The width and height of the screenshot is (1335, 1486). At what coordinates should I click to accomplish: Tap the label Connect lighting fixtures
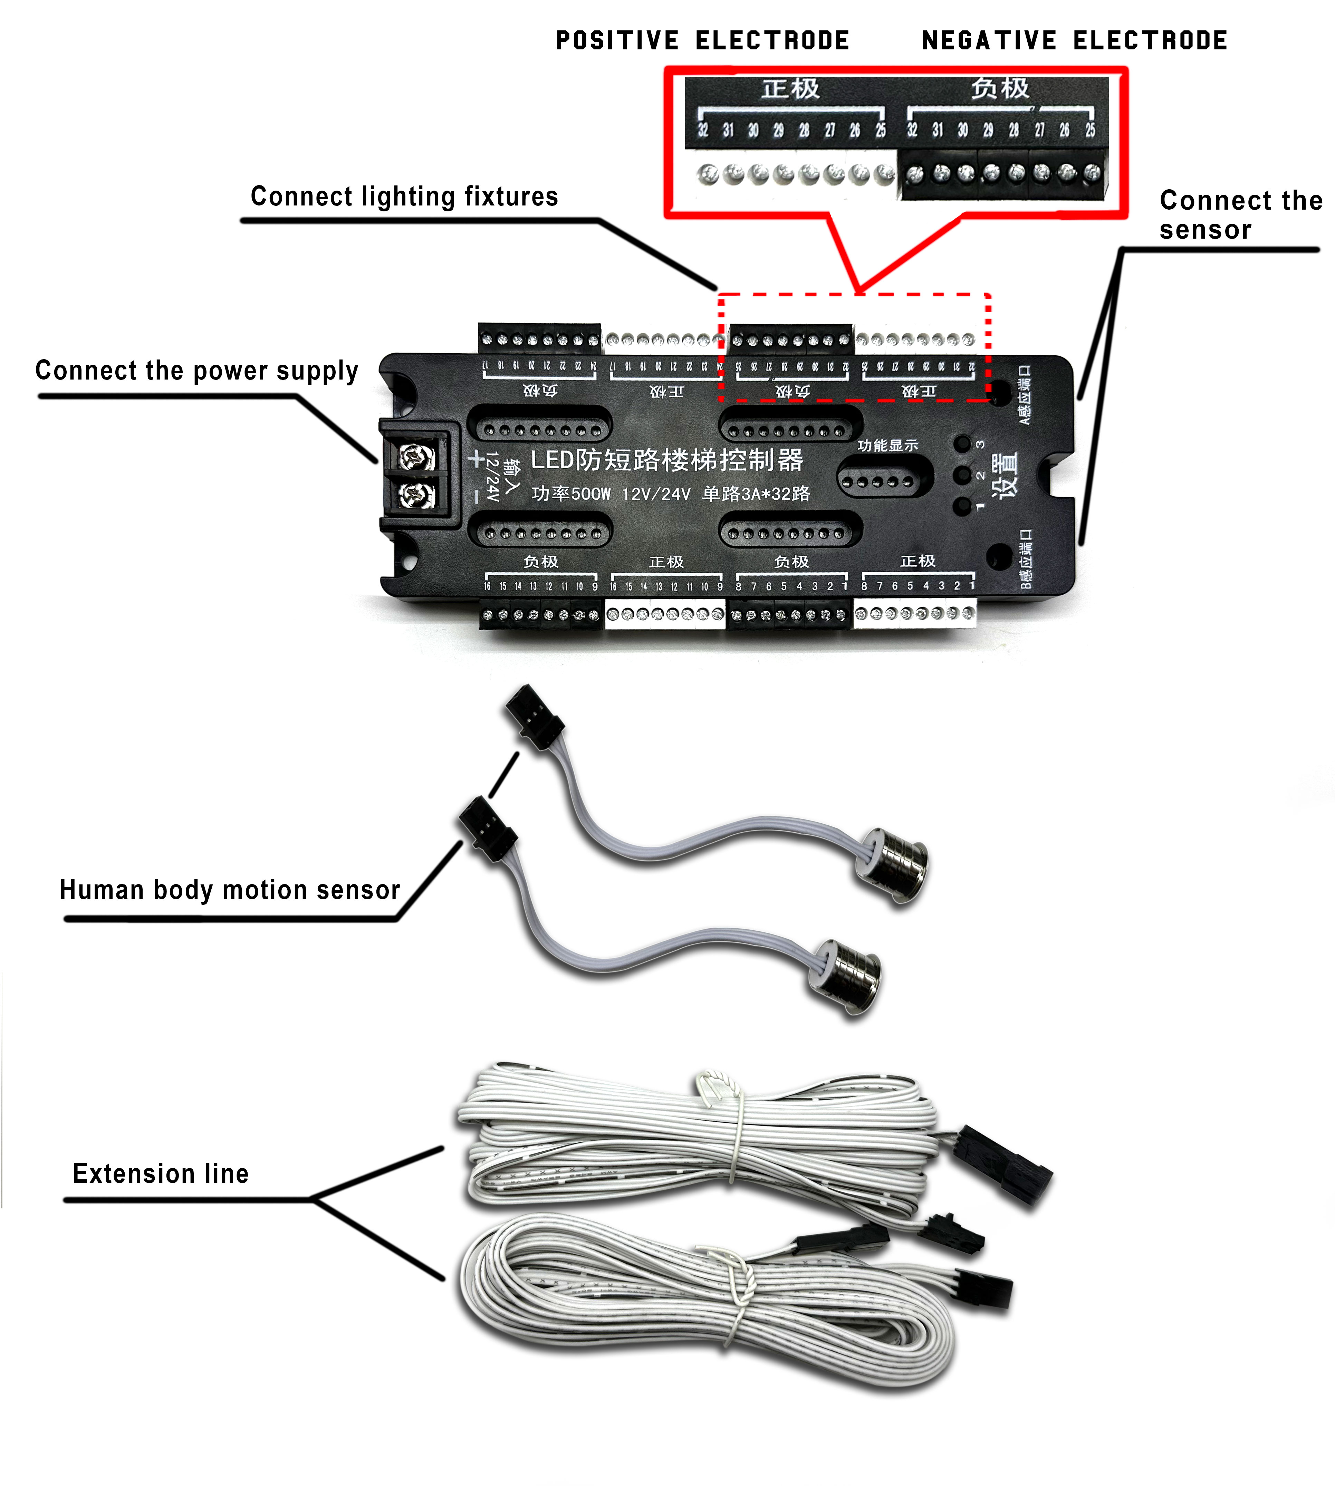(404, 196)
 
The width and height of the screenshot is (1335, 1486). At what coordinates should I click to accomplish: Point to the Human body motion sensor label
(230, 890)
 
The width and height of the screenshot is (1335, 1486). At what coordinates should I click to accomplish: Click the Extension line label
(161, 1173)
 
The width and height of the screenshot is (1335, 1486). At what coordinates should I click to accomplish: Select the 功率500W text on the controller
(571, 493)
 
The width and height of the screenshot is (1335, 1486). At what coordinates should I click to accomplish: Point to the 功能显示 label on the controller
(887, 445)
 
